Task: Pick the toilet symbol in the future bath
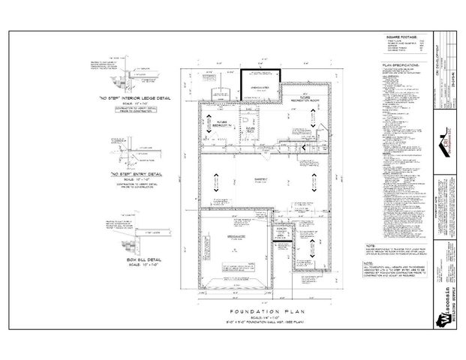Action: [x=245, y=118]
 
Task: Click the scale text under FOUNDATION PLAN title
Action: [x=254, y=316]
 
